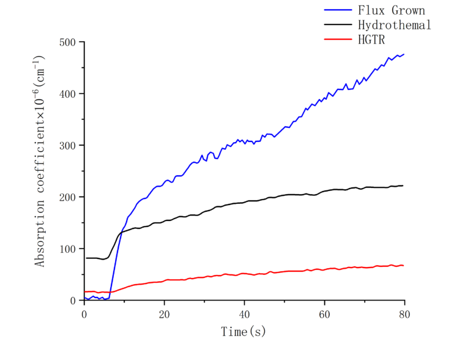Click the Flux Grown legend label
click(391, 10)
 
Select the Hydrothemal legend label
click(395, 25)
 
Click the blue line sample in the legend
click(338, 10)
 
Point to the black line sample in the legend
click(338, 25)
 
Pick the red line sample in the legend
click(338, 40)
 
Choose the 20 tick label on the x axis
click(164, 313)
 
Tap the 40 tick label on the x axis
click(244, 313)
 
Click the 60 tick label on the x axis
click(324, 313)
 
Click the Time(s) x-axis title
click(244, 332)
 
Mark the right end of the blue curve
click(404, 54)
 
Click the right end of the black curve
click(403, 186)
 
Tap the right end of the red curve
click(403, 265)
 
